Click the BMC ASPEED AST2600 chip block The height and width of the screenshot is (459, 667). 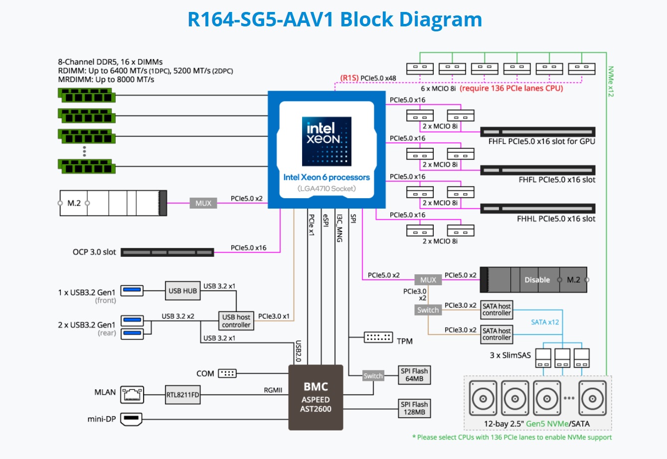316,397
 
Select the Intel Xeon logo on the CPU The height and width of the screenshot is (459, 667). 327,141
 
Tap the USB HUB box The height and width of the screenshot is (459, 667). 182,291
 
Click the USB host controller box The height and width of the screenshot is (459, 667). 236,321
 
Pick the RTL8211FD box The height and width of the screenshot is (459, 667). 182,395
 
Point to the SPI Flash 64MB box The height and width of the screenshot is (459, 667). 414,375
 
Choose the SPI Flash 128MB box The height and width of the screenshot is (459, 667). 414,408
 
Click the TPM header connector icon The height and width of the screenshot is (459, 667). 378,338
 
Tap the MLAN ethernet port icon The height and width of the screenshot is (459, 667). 133,394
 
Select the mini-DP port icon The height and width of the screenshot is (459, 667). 132,419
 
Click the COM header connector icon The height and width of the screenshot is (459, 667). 227,373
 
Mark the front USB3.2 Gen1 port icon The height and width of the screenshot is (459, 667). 132,290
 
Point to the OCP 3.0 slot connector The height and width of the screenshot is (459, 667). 167,252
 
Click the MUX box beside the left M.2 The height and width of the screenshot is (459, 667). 203,203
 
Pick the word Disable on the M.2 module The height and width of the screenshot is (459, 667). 537,280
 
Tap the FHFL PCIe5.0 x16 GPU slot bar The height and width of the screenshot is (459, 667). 537,132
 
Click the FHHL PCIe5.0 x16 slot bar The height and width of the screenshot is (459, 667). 537,209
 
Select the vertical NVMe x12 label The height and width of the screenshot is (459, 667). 611,81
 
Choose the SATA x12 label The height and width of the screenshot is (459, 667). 545,322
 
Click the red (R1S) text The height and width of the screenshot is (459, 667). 349,78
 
